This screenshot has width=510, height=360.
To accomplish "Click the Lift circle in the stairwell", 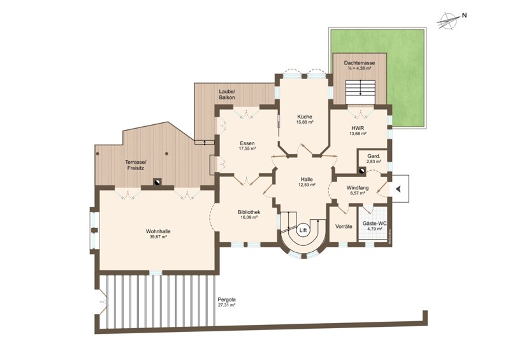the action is coord(303,230).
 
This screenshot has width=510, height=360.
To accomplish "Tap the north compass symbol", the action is coord(448,20).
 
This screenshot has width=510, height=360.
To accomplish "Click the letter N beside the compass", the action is coord(465,15).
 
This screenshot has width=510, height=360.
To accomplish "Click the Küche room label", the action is coord(305,117).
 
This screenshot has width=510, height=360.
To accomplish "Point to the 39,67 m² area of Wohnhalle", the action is coord(158,237).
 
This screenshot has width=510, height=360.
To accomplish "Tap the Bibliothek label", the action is coord(249,212).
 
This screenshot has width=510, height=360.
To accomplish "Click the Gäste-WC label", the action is coord(375,224).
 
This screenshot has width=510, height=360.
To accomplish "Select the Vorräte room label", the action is coord(344,226).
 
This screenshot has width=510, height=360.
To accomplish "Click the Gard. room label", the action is coord(373,155).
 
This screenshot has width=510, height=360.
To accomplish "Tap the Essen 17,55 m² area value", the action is coord(247,148).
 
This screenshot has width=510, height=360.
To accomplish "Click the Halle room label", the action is coord(307,179).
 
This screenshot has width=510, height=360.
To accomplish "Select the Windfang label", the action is coord(358,187).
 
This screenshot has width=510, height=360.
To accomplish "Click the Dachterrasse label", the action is coord(360,63).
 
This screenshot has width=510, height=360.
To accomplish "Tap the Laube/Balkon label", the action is coord(227,94).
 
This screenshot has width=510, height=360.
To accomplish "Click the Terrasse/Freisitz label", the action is coord(136,165).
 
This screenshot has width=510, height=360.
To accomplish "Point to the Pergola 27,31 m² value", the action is coord(227,305).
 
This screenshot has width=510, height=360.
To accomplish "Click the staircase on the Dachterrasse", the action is coord(360,92).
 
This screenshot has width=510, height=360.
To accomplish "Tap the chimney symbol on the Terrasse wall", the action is coord(157,182).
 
